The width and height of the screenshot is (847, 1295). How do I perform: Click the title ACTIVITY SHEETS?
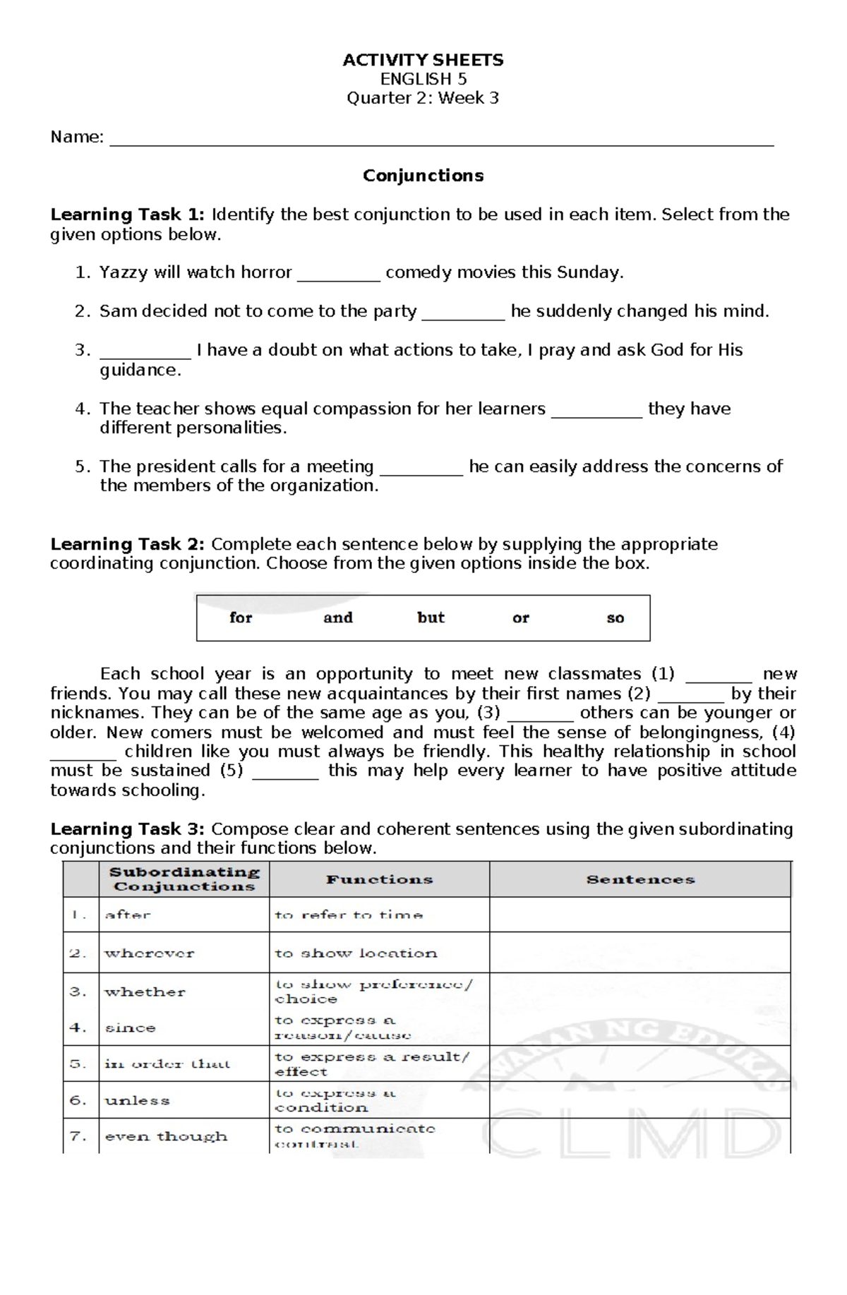click(423, 60)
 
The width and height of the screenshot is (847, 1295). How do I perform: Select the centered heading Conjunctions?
click(423, 176)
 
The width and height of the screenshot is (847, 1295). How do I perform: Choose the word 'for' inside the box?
click(241, 618)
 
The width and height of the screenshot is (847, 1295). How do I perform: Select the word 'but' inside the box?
click(431, 618)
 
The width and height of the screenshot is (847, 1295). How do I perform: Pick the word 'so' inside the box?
click(615, 618)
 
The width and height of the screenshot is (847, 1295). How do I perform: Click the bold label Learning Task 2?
click(127, 544)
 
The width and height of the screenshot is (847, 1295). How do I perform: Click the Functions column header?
click(379, 879)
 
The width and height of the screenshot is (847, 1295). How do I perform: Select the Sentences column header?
click(640, 879)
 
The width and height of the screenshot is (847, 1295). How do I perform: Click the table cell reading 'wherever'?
click(149, 953)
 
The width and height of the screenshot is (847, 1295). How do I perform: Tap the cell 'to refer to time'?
click(349, 915)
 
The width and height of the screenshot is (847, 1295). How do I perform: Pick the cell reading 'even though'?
click(166, 1136)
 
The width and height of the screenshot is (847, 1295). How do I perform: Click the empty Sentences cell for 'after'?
click(639, 915)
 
